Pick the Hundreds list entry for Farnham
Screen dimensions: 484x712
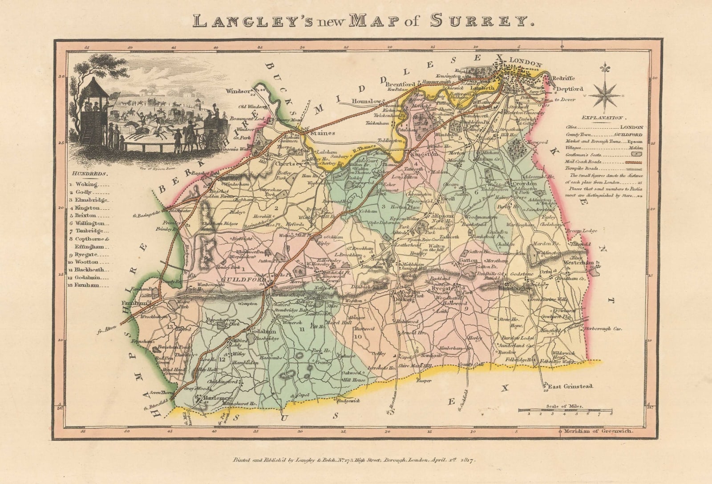(87, 285)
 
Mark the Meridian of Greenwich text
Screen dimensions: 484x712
(596, 431)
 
